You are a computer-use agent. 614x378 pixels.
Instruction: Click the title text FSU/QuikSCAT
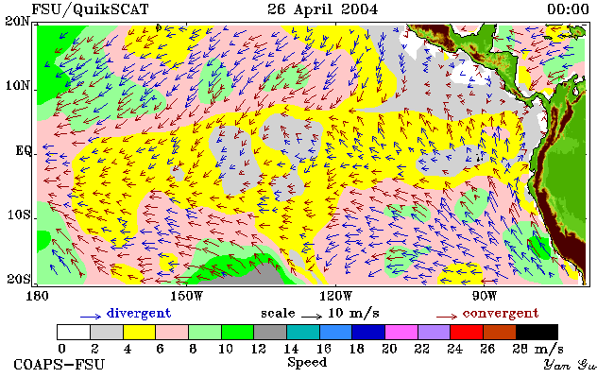90,9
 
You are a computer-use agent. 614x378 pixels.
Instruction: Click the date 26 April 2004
323,9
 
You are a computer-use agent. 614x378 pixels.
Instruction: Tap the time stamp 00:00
568,9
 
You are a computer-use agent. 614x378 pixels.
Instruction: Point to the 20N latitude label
18,21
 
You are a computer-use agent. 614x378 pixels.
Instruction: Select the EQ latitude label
23,151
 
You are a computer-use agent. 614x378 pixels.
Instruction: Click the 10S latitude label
18,215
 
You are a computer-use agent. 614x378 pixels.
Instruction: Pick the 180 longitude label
37,296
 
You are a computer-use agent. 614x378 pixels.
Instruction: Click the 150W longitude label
187,296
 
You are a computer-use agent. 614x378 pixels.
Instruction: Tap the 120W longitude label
335,296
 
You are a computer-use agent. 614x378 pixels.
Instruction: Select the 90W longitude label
485,296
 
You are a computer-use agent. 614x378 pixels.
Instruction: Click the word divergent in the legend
139,314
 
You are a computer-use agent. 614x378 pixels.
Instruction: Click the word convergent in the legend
501,314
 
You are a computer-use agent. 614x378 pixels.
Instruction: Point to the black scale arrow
312,316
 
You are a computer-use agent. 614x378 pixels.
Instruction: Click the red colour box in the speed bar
467,332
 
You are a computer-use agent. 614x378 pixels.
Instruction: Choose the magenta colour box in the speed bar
401,332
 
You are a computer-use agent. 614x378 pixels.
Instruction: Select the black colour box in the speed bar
537,332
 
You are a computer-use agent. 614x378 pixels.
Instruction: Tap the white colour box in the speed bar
74,332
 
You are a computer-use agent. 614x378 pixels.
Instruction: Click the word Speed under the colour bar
307,362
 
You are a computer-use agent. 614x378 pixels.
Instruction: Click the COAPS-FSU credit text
60,364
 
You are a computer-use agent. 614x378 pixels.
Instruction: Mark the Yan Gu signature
571,365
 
